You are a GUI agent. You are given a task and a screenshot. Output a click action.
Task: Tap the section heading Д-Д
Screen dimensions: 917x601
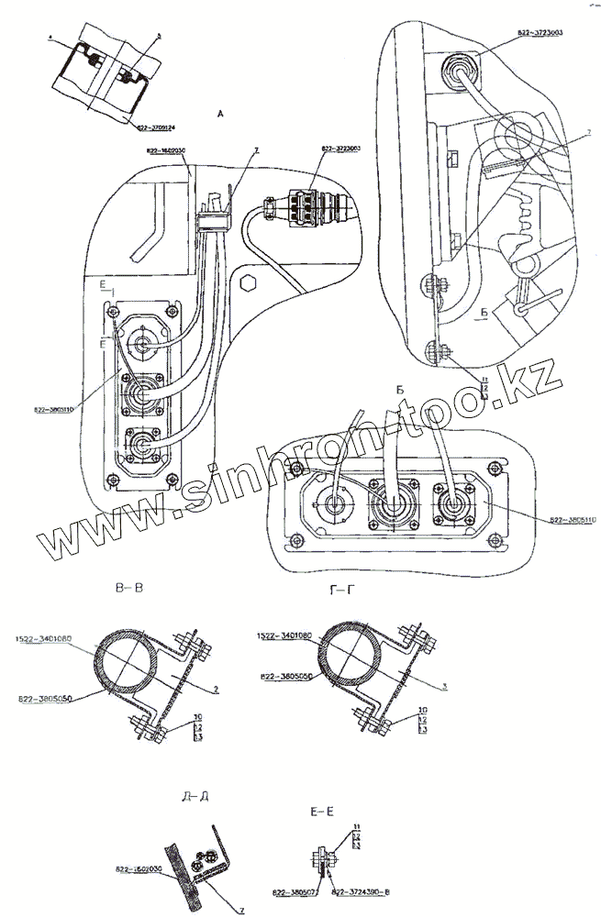coord(197,794)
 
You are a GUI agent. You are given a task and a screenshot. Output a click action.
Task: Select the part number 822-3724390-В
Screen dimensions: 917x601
coord(360,890)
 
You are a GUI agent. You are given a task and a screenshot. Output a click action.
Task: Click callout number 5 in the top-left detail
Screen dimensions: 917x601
coord(158,36)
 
